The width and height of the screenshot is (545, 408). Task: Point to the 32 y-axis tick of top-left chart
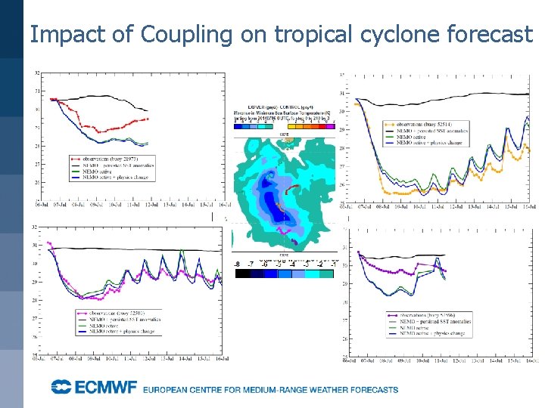click(37, 73)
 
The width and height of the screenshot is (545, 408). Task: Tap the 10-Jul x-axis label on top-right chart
click(417, 206)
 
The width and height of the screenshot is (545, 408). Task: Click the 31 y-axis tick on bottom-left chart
click(37, 246)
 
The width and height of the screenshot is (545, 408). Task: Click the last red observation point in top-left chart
click(148, 119)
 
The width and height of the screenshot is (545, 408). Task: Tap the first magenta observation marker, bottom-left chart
click(49, 243)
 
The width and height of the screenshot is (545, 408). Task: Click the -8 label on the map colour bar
click(237, 264)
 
